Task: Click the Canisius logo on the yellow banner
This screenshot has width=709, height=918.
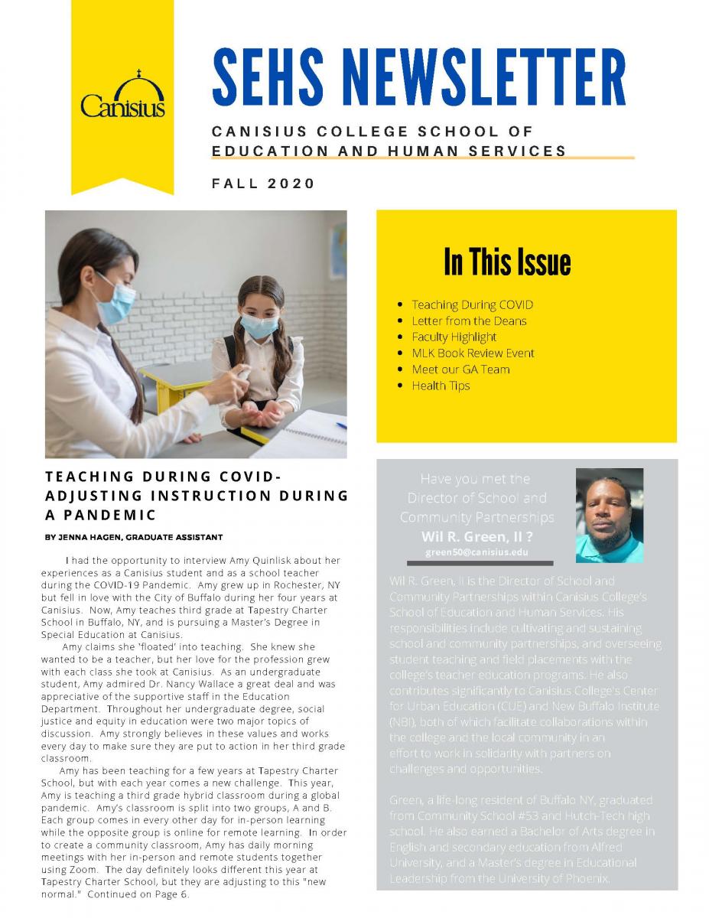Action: (x=122, y=96)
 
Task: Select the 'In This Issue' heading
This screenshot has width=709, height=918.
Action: (x=507, y=262)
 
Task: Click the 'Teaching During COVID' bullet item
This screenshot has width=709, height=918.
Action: (x=472, y=304)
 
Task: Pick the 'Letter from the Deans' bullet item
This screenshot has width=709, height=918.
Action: (x=469, y=321)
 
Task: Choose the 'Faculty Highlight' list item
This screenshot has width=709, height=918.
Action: (x=454, y=337)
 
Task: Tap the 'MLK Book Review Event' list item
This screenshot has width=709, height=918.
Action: (x=473, y=353)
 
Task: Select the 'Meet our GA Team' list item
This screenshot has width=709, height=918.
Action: (x=460, y=369)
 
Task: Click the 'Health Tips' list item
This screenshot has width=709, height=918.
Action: (x=441, y=385)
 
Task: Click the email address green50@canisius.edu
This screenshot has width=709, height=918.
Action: (x=476, y=552)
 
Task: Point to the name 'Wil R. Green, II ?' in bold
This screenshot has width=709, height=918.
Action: (x=476, y=536)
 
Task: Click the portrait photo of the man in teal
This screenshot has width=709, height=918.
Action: (x=609, y=515)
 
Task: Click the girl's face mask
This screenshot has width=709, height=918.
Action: (x=258, y=325)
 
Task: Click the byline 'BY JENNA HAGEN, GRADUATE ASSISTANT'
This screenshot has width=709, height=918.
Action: (x=134, y=537)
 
